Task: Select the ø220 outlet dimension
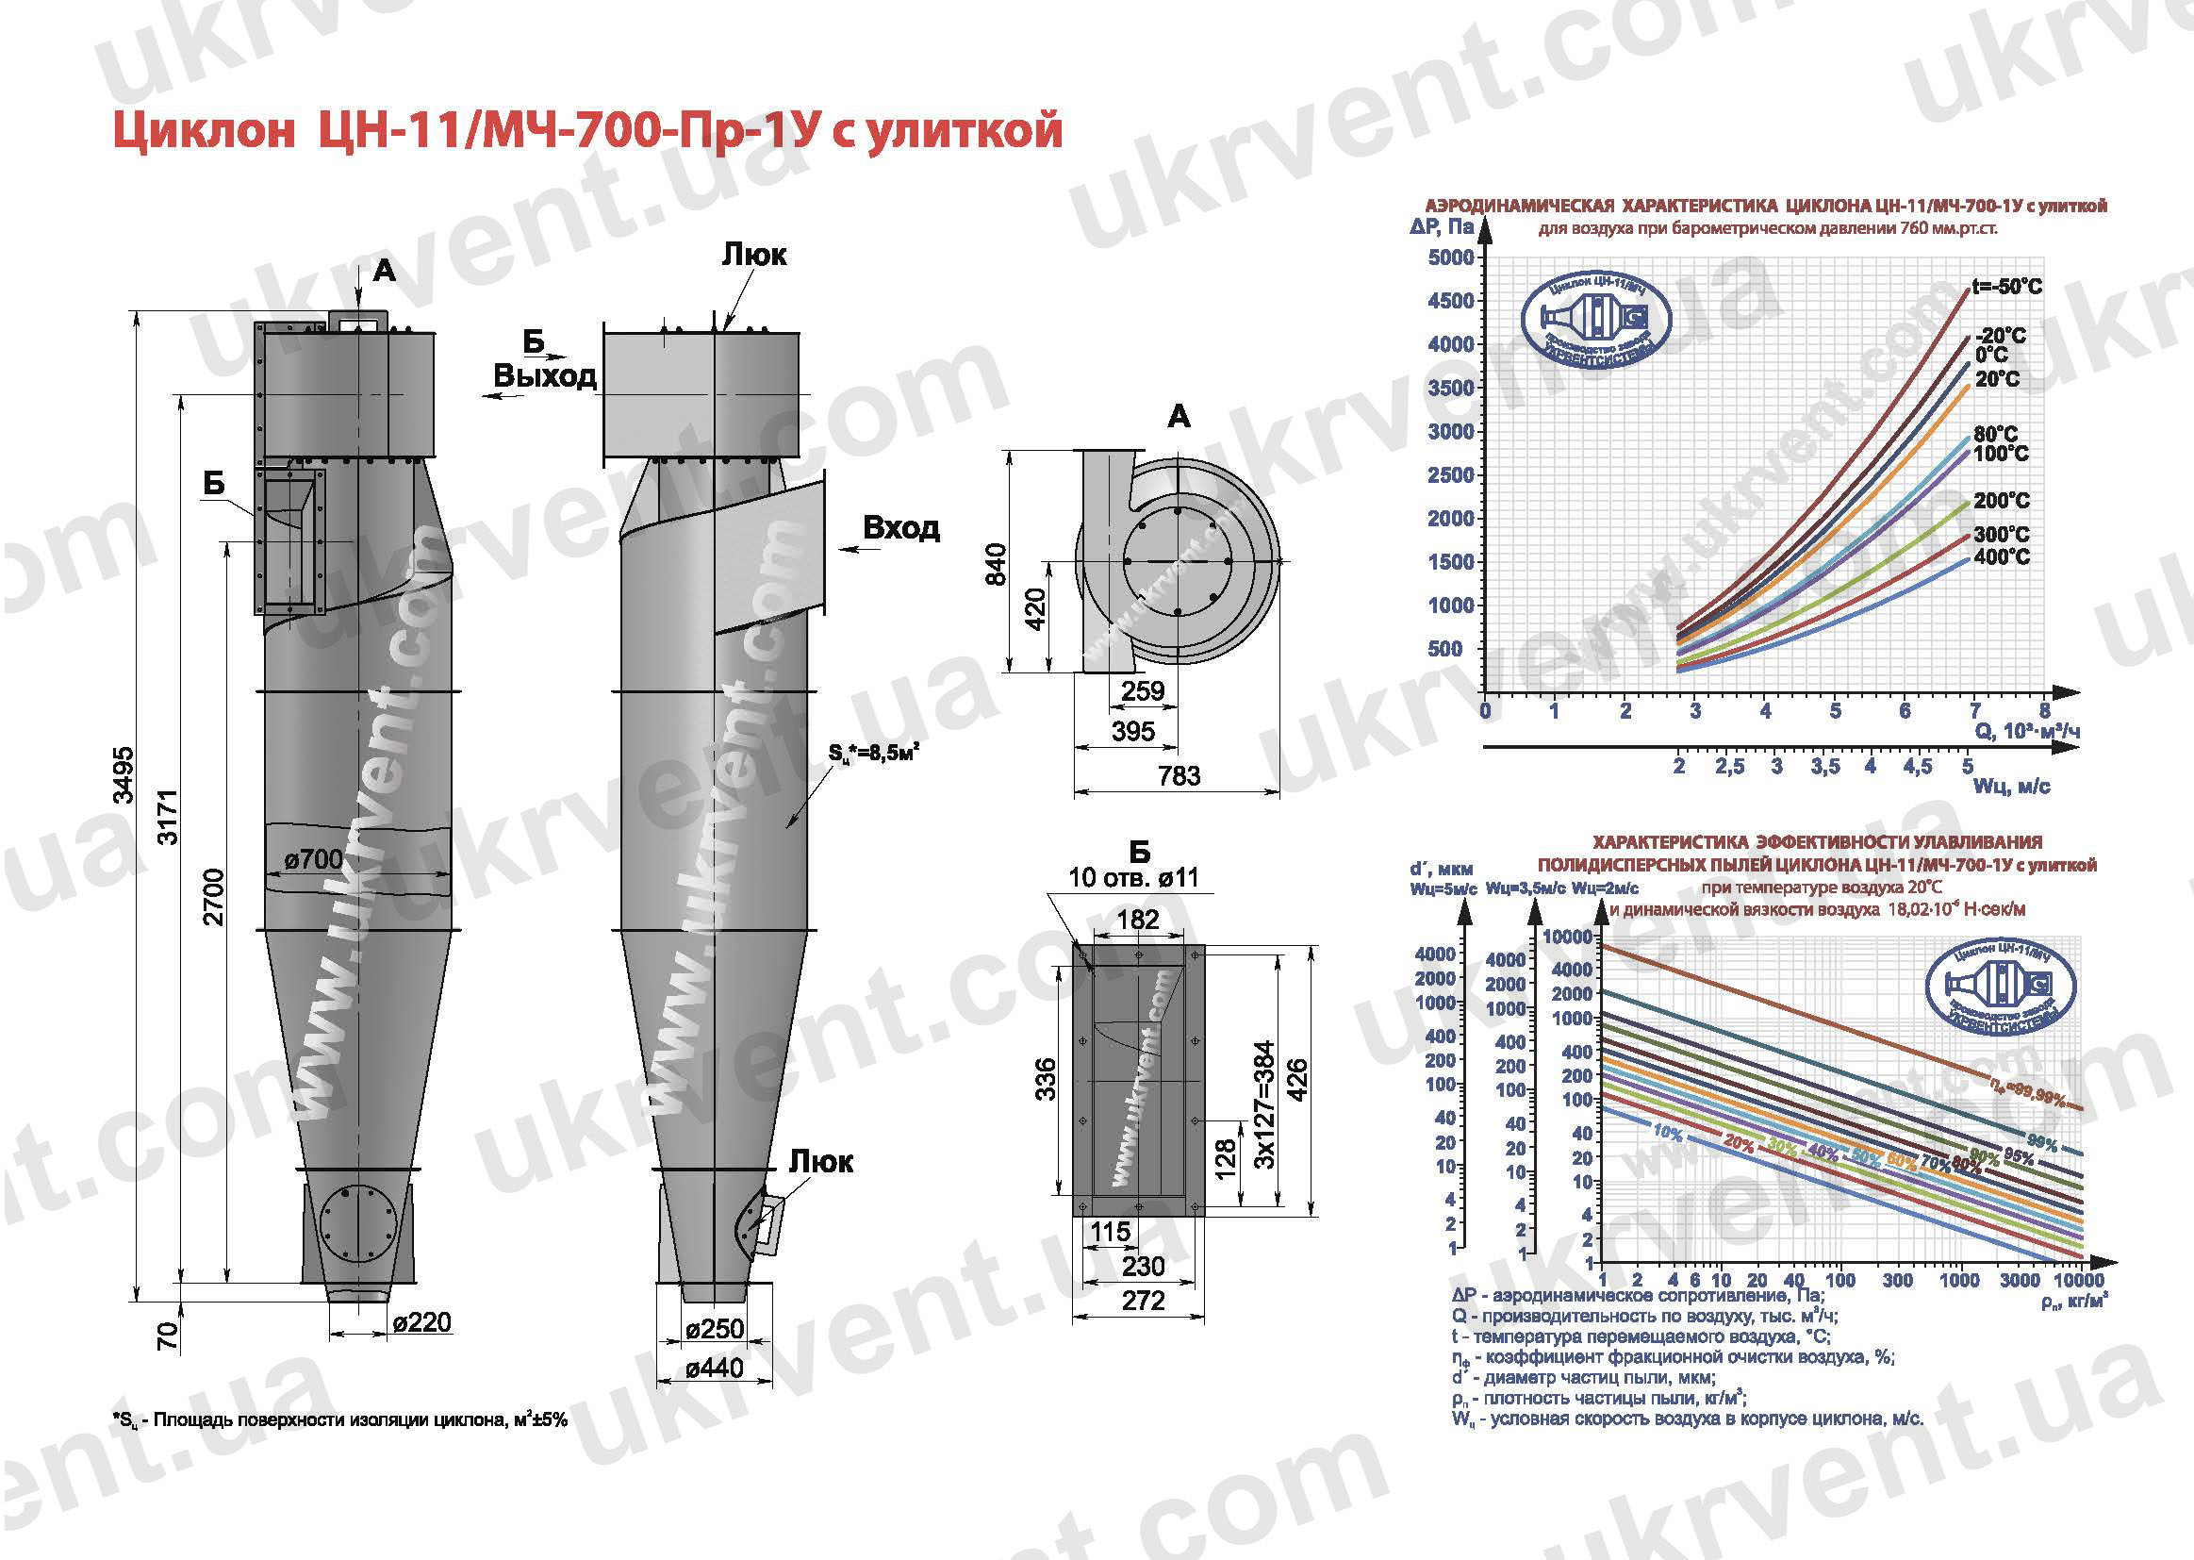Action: point(421,1322)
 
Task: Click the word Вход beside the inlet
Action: point(900,527)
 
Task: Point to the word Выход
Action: point(544,375)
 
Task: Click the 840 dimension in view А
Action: point(997,565)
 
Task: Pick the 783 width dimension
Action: point(1179,775)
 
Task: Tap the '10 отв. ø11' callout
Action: point(1133,877)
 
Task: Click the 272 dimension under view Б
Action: point(1143,1301)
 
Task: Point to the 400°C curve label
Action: point(2002,557)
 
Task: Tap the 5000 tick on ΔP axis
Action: point(1451,257)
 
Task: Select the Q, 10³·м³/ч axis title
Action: point(2026,732)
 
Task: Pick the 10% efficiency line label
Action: point(1667,1134)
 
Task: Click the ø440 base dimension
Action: point(715,1367)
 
